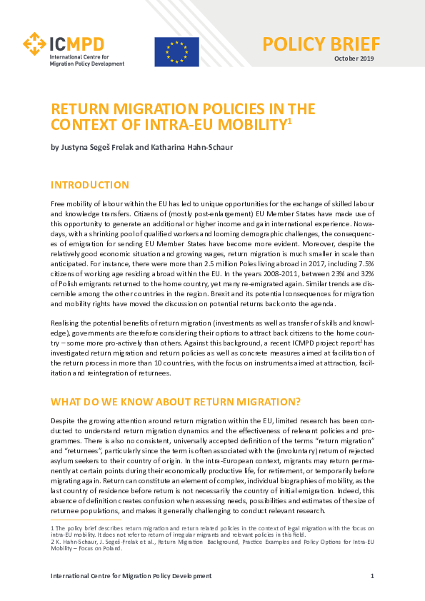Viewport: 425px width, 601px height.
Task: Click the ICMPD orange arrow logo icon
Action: pos(34,44)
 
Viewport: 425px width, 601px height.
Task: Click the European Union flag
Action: pos(176,51)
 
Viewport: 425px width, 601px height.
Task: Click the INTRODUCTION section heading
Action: pos(89,185)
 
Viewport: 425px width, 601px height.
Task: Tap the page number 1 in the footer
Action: pos(372,575)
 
